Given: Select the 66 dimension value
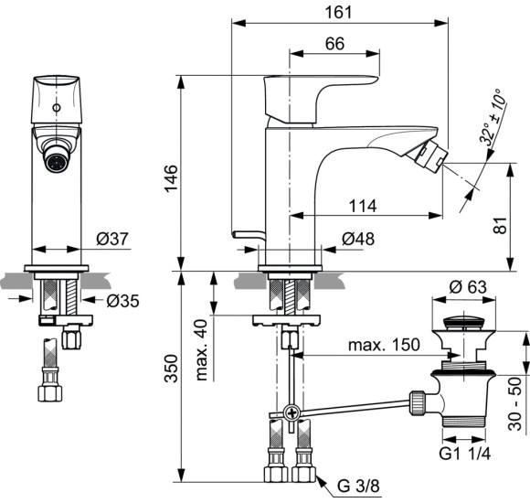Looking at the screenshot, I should [x=334, y=44].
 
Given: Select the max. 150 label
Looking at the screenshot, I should [x=383, y=345].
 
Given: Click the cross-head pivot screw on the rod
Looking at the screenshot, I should [x=291, y=412].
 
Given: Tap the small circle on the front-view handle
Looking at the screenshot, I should [x=59, y=109].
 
